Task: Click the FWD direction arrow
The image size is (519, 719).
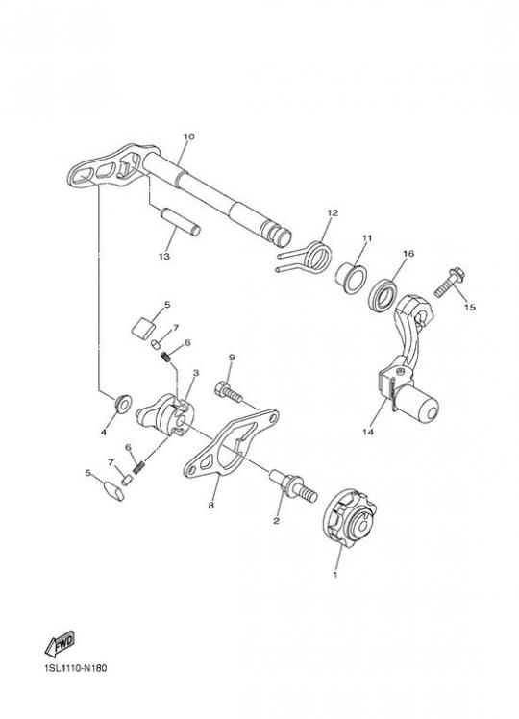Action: point(60,644)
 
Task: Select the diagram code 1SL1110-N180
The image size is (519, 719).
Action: point(76,668)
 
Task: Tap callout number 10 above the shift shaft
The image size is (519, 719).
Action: point(189,136)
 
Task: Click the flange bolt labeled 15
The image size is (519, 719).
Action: point(450,283)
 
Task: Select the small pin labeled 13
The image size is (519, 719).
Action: point(180,221)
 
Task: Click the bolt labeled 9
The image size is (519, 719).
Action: point(229,392)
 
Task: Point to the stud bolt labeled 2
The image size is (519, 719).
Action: point(293,485)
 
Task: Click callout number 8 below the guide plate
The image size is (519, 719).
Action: point(210,505)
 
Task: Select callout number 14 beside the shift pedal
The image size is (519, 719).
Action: point(368,432)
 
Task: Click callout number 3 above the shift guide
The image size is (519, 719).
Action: point(196,373)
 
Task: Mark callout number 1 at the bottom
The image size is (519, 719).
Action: point(335,574)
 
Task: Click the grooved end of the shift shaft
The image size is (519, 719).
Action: point(278,232)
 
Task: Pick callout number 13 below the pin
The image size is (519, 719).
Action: point(164,256)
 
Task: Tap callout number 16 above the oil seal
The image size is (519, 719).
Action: point(408,253)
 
